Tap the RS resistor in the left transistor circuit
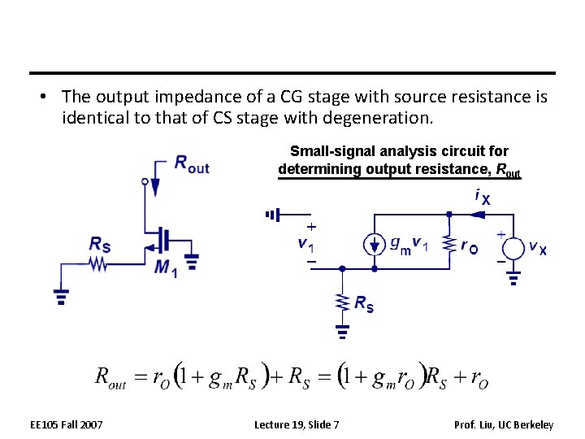(x=98, y=263)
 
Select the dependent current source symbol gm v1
(x=373, y=245)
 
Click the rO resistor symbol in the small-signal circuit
(x=449, y=245)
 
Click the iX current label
(x=482, y=196)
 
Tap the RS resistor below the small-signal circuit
(x=342, y=302)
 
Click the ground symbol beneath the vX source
(x=513, y=280)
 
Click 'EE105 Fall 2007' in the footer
(x=67, y=424)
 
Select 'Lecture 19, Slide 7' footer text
(x=297, y=424)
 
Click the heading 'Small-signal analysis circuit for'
(x=399, y=151)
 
